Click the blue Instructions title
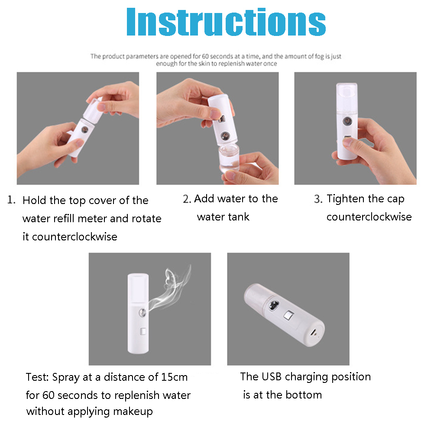coord(226,22)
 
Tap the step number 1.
coord(11,200)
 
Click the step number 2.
coord(187,199)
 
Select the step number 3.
coord(318,199)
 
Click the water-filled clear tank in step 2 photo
coord(229,159)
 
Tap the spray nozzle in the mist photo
coord(143,312)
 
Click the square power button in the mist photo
coord(143,331)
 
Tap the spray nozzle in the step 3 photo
coord(347,121)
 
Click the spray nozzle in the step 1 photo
coord(84,130)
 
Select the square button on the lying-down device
coord(288,315)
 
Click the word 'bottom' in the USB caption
coord(304,395)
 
